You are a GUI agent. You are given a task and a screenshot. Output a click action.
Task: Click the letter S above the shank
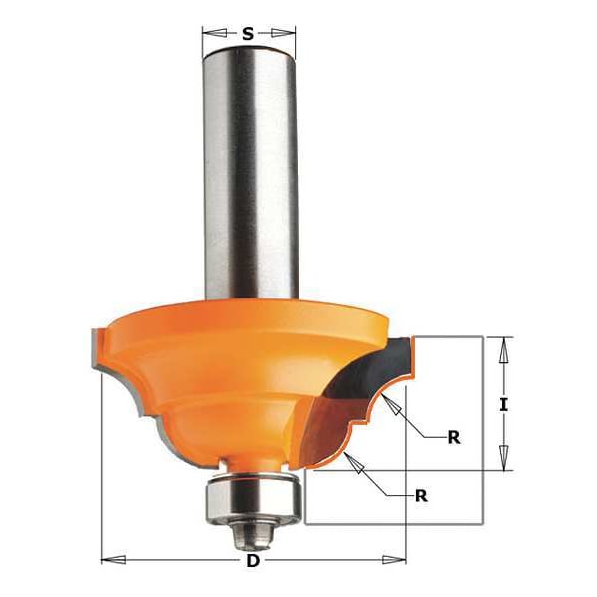pos(248,34)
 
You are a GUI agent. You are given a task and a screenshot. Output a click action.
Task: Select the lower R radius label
pos(421,495)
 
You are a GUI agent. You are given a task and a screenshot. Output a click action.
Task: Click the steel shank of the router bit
pos(248,169)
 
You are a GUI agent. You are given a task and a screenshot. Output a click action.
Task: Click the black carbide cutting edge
pos(373,373)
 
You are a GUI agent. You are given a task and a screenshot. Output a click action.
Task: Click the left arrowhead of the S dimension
pos(207,34)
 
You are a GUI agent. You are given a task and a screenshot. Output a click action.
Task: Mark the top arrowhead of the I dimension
pos(504,344)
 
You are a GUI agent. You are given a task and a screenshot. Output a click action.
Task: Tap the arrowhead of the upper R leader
pos(392,403)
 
